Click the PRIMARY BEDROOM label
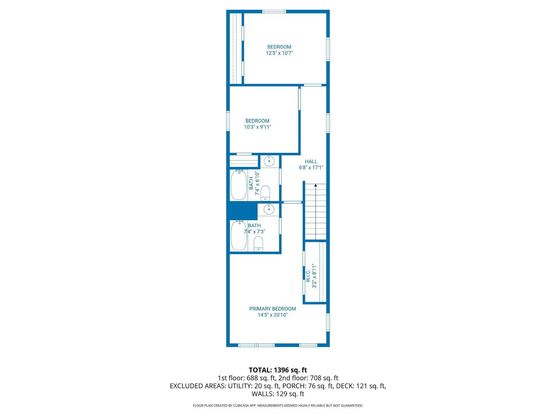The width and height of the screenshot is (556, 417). point(272,309)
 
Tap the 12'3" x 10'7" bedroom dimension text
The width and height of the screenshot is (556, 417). point(279,53)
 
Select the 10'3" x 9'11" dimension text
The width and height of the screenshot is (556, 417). point(257,127)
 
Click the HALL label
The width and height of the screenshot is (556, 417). point(311,162)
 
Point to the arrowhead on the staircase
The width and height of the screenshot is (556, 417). point(315,185)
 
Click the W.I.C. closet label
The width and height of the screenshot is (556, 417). point(308,276)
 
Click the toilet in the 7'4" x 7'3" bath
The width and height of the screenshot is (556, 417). point(258,244)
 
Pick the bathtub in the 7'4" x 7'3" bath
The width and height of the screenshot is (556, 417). point(239,236)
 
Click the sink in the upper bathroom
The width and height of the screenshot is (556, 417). point(269,161)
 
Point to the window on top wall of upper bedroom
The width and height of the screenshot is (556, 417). point(274,11)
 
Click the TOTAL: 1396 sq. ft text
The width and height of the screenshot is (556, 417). point(278,370)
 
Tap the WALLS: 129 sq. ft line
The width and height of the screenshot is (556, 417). point(278,394)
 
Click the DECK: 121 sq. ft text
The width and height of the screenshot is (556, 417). point(361,386)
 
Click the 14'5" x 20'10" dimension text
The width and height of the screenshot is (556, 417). point(272,315)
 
